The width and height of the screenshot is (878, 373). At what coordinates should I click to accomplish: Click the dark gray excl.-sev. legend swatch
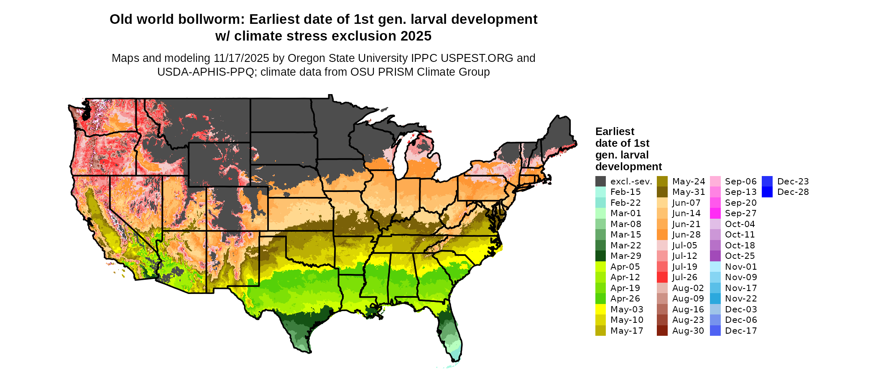[600, 181]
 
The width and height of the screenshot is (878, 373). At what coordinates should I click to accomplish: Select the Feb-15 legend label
[625, 192]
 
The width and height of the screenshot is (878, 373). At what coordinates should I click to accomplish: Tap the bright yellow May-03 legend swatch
[600, 309]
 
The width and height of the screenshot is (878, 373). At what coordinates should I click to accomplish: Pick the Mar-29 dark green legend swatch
[600, 256]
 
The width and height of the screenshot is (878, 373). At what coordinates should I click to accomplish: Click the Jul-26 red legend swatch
[662, 277]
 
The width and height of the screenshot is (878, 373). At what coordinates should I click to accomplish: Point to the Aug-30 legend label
[688, 331]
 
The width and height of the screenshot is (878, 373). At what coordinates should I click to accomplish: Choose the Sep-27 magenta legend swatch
[715, 213]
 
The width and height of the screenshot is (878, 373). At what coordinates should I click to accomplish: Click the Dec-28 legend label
[793, 192]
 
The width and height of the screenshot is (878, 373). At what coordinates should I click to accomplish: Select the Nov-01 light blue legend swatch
[715, 267]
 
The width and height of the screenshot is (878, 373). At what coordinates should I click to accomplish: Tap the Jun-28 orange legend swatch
[662, 235]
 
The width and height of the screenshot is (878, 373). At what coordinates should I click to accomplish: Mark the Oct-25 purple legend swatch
[715, 256]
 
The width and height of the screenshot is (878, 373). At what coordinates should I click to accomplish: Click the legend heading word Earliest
[615, 132]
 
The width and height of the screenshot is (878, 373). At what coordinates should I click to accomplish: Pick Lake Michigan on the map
[401, 159]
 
